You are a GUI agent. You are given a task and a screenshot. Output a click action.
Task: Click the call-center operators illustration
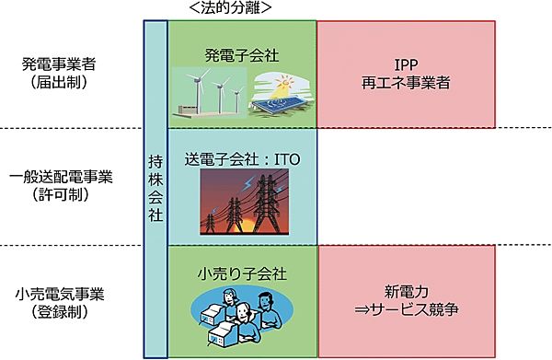click(241, 317)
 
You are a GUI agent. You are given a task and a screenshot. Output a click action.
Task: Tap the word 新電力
click(407, 290)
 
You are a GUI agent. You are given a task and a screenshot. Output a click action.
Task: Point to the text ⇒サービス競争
click(407, 310)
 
